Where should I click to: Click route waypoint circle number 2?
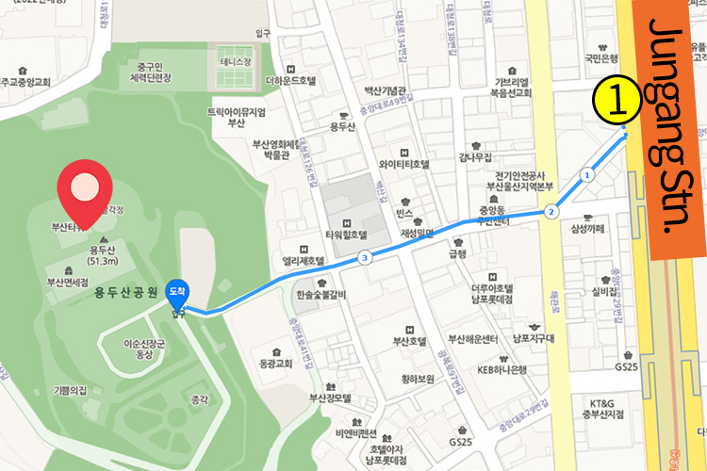550,213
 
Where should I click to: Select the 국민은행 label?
600,57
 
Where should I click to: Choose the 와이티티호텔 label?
403,164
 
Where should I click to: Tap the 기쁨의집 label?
70,389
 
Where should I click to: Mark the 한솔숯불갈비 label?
321,295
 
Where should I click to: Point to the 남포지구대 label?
531,334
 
